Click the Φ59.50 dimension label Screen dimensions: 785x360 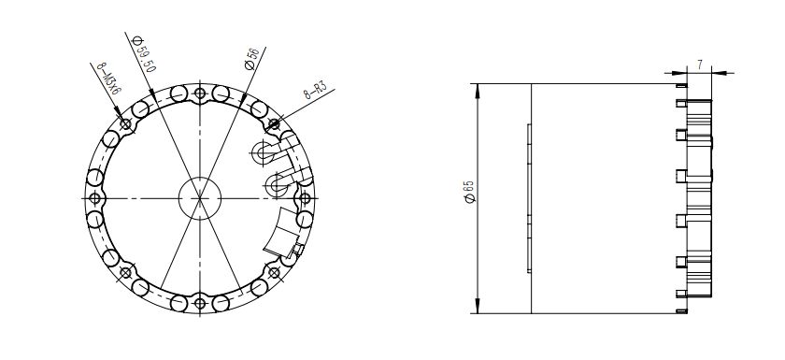pyautogui.click(x=144, y=53)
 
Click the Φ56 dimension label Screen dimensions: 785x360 pyautogui.click(x=251, y=59)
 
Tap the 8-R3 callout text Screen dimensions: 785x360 pyautogui.click(x=316, y=90)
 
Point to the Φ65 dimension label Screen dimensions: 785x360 pyautogui.click(x=469, y=192)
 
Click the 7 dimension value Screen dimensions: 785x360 pyautogui.click(x=699, y=65)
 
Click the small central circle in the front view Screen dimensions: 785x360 pyautogui.click(x=200, y=198)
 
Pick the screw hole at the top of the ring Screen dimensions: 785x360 pyautogui.click(x=200, y=94)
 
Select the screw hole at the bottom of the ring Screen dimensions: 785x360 pyautogui.click(x=200, y=303)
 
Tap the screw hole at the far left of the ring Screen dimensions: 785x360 pyautogui.click(x=94, y=198)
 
